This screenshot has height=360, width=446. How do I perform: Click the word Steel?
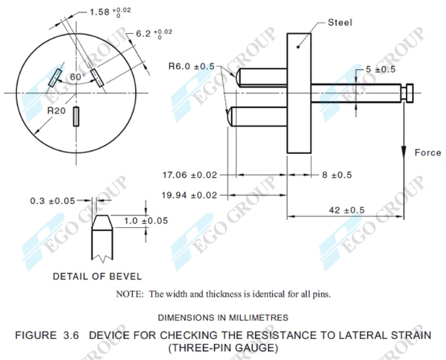point(341,23)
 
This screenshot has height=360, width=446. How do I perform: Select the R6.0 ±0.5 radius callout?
point(191,67)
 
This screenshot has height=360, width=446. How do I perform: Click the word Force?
point(427,152)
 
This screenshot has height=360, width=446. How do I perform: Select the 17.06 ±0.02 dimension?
point(190,175)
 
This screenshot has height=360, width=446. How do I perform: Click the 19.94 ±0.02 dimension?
point(190,195)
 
